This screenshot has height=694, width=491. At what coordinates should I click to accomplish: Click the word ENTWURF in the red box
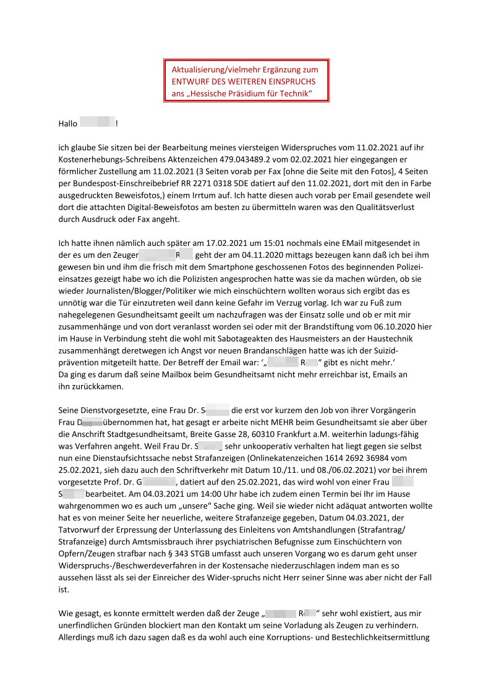pos(193,82)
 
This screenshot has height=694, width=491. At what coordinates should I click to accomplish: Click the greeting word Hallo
pos(67,124)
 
